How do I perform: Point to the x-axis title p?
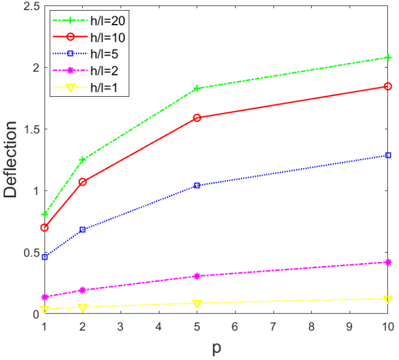(x=216, y=348)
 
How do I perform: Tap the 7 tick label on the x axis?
(x=273, y=326)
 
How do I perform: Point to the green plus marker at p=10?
(x=388, y=58)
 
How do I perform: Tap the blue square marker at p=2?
(x=83, y=230)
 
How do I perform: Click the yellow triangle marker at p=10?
(x=388, y=299)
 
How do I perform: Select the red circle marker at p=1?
(x=45, y=228)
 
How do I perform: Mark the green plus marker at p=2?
(x=83, y=160)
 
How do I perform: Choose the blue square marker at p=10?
(x=388, y=155)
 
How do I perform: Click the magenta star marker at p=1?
(x=45, y=297)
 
